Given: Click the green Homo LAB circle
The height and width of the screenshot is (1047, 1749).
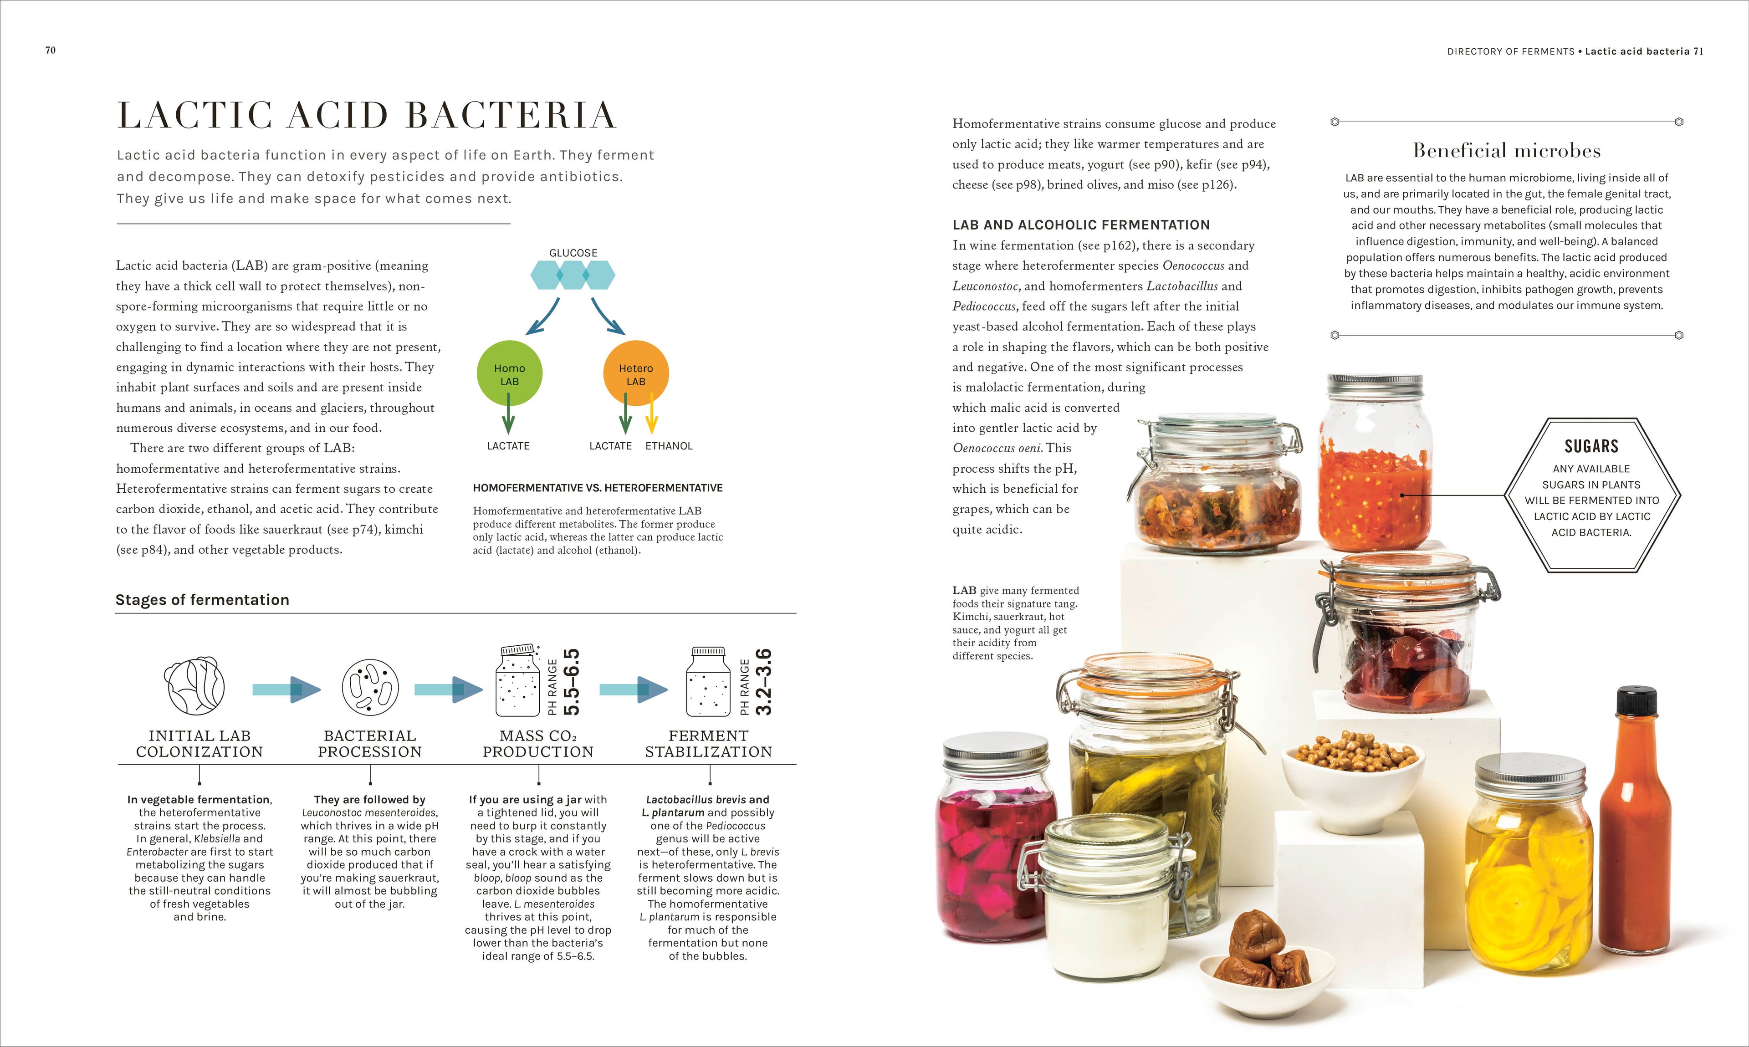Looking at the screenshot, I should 509,374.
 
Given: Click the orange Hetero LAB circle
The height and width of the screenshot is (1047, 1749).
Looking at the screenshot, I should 636,373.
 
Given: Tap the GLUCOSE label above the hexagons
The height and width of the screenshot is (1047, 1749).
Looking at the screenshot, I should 573,253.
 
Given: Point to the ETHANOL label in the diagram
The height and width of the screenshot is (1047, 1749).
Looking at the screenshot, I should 669,446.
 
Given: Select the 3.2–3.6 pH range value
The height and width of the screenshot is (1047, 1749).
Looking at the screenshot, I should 763,682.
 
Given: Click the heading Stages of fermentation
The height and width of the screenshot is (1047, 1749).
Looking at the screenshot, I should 203,600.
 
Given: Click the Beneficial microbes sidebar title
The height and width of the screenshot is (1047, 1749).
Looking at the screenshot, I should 1506,150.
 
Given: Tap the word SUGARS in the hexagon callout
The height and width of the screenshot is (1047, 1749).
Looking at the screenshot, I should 1591,446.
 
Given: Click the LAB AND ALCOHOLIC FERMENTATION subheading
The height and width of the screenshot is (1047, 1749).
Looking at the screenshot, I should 1081,225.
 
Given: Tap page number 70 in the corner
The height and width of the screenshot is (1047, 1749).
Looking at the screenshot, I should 50,50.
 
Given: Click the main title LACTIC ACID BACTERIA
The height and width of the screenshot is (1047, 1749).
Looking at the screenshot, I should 367,115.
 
